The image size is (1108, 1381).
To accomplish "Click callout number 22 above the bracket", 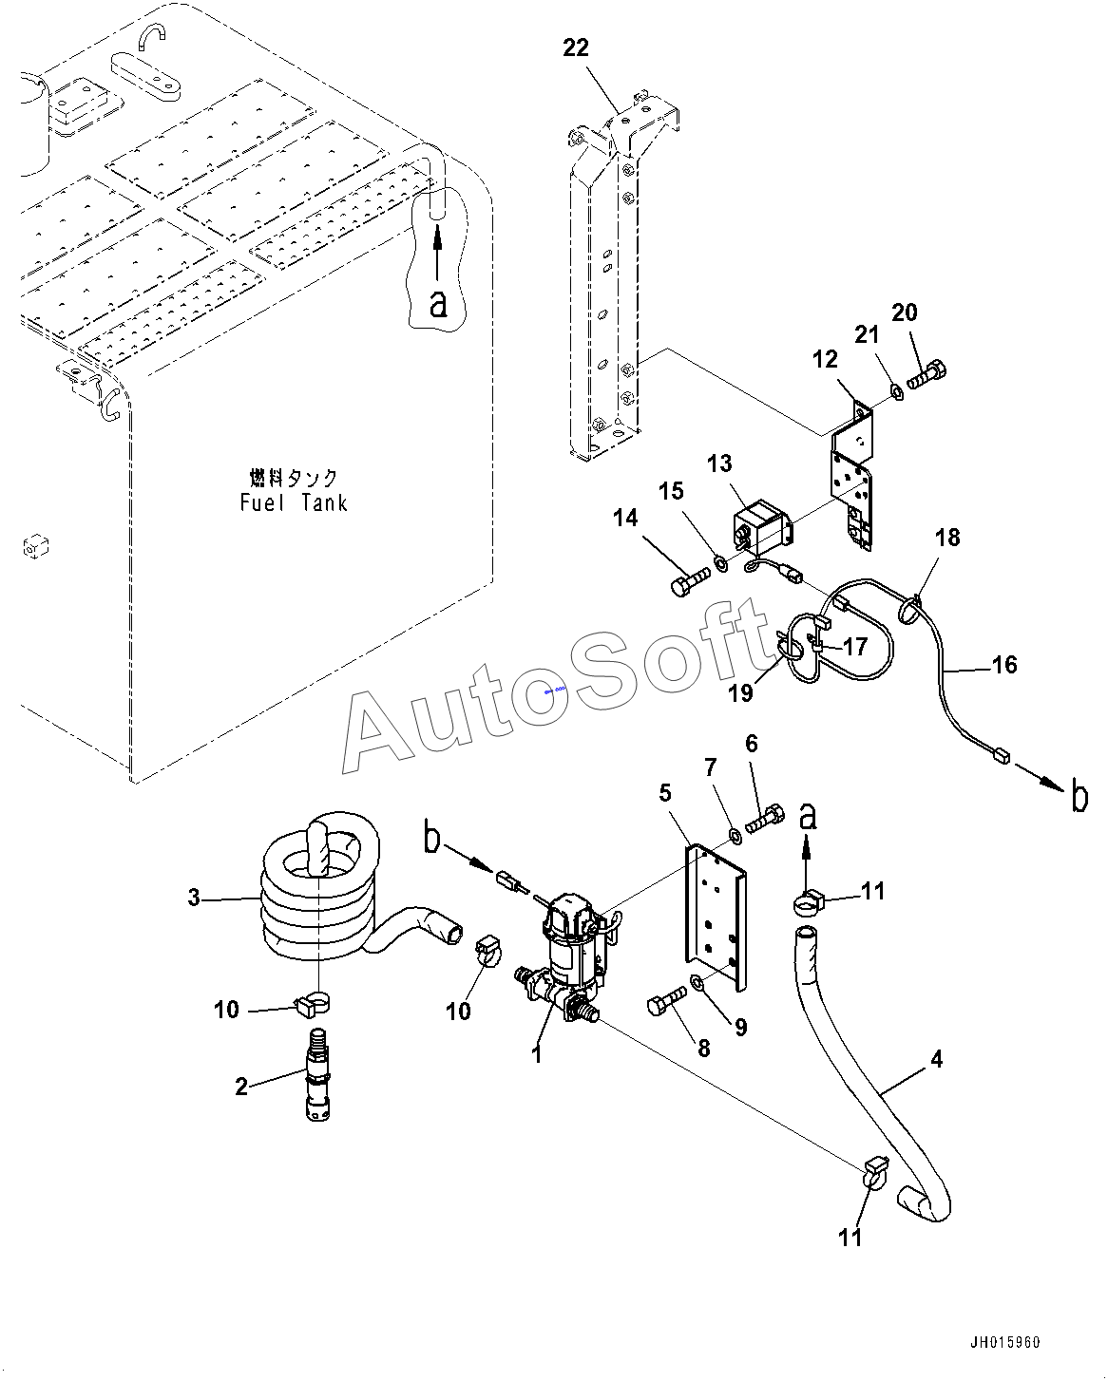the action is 575,48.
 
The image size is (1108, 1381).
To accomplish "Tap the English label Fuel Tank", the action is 294,502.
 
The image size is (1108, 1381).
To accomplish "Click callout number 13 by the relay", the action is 719,463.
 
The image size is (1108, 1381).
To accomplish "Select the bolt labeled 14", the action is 691,579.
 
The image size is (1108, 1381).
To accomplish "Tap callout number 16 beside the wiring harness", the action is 1004,665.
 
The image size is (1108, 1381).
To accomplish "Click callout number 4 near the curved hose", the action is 937,1059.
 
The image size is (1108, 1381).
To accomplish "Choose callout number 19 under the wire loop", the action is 740,692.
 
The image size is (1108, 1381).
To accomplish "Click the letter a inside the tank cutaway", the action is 438,302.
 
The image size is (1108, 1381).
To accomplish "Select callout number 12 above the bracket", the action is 825,359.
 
